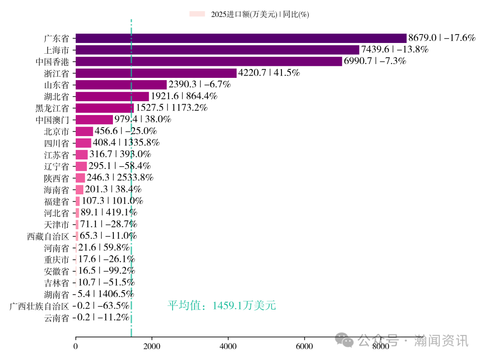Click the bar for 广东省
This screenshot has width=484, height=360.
[x=241, y=38]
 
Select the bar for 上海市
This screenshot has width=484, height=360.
[x=217, y=50]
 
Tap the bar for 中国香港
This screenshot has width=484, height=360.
[x=209, y=61]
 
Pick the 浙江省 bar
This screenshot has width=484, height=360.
[x=156, y=73]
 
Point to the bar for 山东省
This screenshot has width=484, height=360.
[x=121, y=85]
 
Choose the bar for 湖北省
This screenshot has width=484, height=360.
[x=112, y=96]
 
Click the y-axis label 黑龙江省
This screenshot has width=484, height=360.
[x=52, y=108]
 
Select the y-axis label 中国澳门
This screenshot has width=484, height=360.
[x=52, y=120]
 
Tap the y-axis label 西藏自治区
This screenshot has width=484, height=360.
[x=48, y=236]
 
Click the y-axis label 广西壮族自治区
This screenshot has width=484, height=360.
[x=39, y=306]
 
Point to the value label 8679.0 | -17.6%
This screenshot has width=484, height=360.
[x=441, y=38]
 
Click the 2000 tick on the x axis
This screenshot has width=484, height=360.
[x=152, y=346]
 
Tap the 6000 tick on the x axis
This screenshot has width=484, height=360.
[x=304, y=346]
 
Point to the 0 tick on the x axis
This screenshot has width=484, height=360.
[x=76, y=346]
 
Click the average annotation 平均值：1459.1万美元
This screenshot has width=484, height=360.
[x=222, y=306]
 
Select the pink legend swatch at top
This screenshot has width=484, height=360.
[x=197, y=14]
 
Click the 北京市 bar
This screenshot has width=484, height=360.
[x=84, y=131]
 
